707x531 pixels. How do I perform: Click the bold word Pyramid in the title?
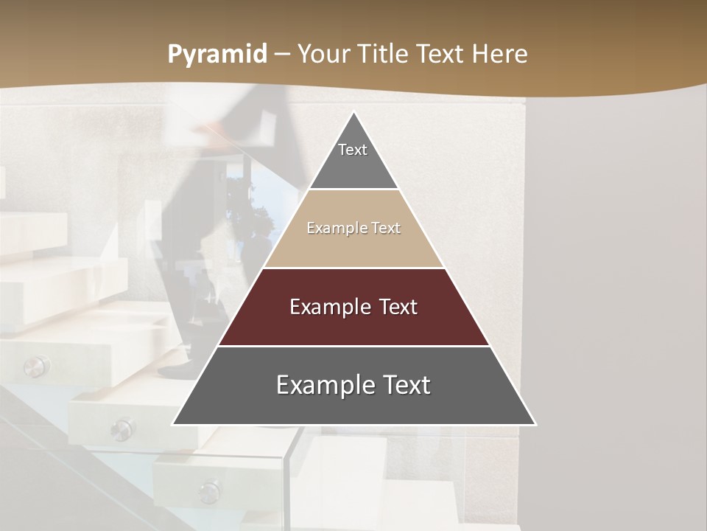click(x=217, y=55)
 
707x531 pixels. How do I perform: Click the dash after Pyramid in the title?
click(x=282, y=55)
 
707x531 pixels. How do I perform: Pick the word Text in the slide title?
click(x=441, y=55)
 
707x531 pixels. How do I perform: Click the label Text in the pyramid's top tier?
click(x=353, y=150)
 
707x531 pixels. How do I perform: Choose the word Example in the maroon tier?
click(x=328, y=307)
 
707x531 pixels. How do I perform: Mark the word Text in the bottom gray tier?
click(x=406, y=385)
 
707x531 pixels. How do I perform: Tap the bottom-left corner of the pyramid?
click(x=174, y=424)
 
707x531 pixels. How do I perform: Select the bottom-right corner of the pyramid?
click(x=535, y=424)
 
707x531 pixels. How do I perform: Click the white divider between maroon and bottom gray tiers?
click(x=354, y=346)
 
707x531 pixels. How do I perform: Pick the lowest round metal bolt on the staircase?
click(x=210, y=490)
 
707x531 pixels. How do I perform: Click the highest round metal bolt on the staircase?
click(x=35, y=365)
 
